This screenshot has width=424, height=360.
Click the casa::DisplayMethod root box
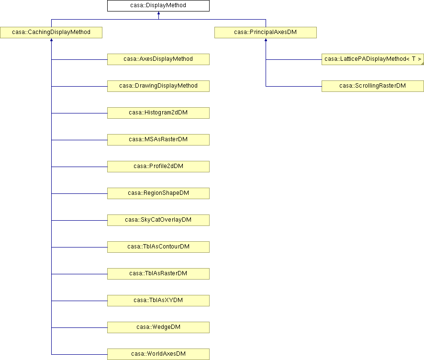tap(158, 6)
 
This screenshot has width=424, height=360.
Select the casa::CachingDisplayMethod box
tap(51, 33)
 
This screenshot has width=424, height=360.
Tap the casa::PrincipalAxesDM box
tap(266, 33)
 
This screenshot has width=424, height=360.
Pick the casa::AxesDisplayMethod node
tap(158, 59)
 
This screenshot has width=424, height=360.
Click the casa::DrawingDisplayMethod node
tap(158, 86)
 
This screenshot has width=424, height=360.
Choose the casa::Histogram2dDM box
tap(158, 113)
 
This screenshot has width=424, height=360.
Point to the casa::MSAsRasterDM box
tap(158, 140)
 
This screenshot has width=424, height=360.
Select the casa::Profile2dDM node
tap(158, 166)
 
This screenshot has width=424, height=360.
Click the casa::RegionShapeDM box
tap(158, 193)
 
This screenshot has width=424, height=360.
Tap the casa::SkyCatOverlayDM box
tap(158, 220)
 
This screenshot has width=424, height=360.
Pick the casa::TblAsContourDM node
tap(158, 247)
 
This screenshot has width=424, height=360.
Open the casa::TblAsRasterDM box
tap(158, 273)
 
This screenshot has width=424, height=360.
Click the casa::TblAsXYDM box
tap(158, 300)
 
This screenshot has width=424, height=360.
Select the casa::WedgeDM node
tap(158, 327)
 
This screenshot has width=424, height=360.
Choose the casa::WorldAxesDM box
tap(158, 354)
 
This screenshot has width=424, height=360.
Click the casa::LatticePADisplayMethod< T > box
tap(373, 59)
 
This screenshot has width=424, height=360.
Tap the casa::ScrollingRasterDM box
tap(373, 86)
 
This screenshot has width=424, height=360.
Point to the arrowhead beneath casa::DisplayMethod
tap(158, 13)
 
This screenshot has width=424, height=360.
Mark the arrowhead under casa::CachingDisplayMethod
tap(51, 40)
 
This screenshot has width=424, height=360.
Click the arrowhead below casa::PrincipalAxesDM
tap(266, 40)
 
